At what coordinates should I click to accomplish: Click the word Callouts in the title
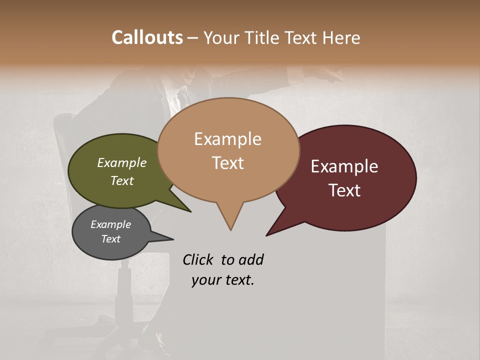click(147, 37)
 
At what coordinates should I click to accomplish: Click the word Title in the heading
click(263, 37)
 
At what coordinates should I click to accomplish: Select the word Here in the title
click(342, 37)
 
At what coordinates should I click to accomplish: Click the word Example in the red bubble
click(344, 166)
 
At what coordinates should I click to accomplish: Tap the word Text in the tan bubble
click(228, 163)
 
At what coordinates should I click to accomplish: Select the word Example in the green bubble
click(122, 163)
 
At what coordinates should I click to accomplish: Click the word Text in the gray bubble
click(111, 239)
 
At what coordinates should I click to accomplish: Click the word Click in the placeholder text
click(197, 259)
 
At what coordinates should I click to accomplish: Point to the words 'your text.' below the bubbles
click(223, 280)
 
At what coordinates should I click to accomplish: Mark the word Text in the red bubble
click(345, 190)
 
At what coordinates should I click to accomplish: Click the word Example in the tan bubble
click(228, 139)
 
